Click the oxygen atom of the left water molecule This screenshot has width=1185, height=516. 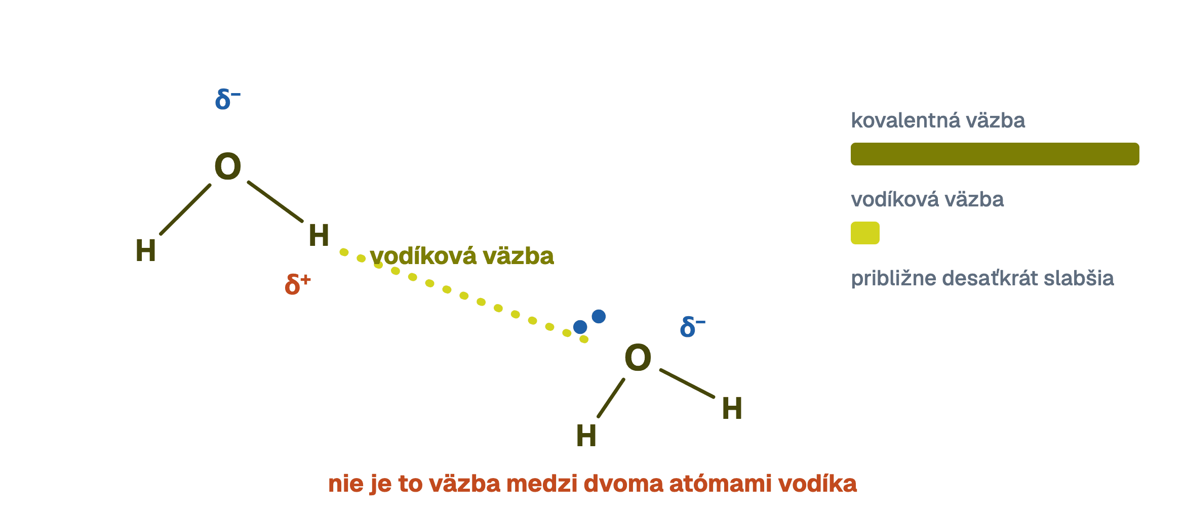(x=227, y=166)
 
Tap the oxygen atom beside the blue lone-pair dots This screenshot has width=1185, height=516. (x=638, y=358)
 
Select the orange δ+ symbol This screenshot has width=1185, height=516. (x=297, y=284)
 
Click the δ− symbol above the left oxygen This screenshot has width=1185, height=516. (x=227, y=99)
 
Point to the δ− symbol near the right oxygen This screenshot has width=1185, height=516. (x=692, y=327)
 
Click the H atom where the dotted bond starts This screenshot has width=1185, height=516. (x=319, y=235)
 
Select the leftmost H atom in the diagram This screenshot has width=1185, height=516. (x=145, y=250)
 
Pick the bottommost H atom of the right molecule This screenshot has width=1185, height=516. (x=586, y=436)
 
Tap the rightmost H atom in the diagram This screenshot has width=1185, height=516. (x=732, y=408)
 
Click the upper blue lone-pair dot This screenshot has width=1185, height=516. (x=599, y=316)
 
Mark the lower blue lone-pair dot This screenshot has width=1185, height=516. (x=580, y=327)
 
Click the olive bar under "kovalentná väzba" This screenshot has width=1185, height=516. (x=995, y=154)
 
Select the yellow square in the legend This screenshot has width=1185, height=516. (x=865, y=233)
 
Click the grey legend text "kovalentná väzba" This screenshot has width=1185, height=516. (x=938, y=120)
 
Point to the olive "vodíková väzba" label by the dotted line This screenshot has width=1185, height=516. (x=462, y=256)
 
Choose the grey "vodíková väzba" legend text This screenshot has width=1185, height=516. (x=927, y=199)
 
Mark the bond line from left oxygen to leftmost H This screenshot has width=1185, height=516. (x=185, y=209)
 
